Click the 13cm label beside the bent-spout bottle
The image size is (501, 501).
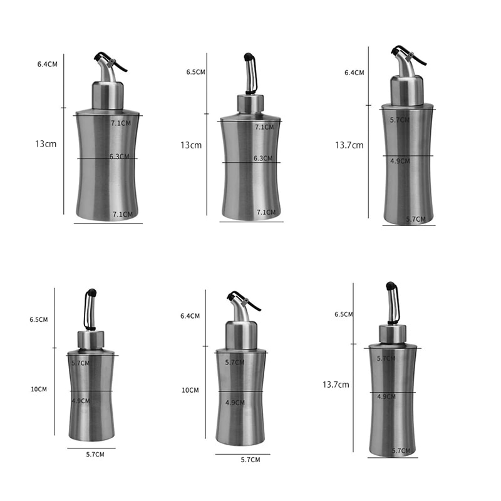(46, 144)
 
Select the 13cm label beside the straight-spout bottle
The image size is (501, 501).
(191, 145)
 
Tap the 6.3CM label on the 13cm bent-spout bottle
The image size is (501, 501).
(120, 156)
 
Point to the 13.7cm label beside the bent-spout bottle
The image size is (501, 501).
(349, 145)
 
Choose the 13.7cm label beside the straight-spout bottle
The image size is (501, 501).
(336, 385)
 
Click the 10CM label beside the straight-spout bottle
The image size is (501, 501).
(39, 389)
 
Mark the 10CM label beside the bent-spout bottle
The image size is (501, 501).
(190, 390)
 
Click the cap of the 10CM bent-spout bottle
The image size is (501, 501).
(241, 335)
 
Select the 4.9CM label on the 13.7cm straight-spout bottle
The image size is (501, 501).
(386, 396)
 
